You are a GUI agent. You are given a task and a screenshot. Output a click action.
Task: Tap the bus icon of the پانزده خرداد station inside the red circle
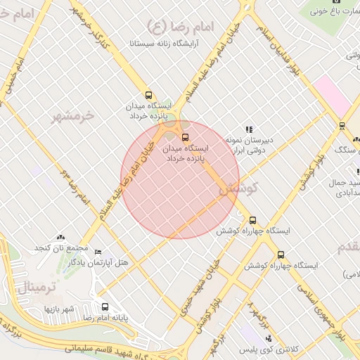pos(185,137)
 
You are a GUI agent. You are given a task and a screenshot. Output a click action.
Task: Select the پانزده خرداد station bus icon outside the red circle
pos(148,95)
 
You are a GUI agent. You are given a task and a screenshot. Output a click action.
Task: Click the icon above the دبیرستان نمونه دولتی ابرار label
pos(248,129)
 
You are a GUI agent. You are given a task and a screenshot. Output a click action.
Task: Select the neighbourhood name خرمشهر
pos(72,117)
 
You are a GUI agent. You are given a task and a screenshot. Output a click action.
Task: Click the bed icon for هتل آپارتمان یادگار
pos(98,252)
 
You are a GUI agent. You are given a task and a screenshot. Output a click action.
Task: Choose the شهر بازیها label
pos(60,309)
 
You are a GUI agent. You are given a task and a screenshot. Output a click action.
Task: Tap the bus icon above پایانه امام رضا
pos(105,307)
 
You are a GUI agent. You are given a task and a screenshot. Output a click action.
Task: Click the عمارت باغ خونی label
pos(335,11)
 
